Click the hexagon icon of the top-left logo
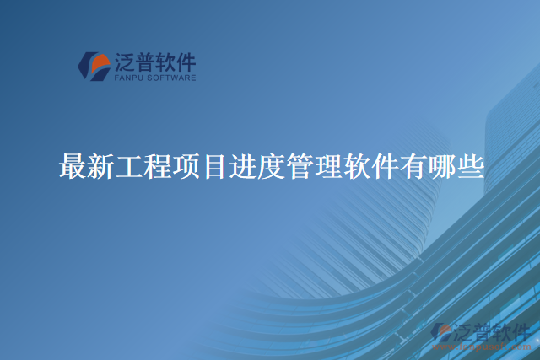[x=93, y=67]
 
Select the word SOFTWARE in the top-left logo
[x=172, y=78]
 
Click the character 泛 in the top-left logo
[x=124, y=62]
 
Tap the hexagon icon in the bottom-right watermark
[x=441, y=333]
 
